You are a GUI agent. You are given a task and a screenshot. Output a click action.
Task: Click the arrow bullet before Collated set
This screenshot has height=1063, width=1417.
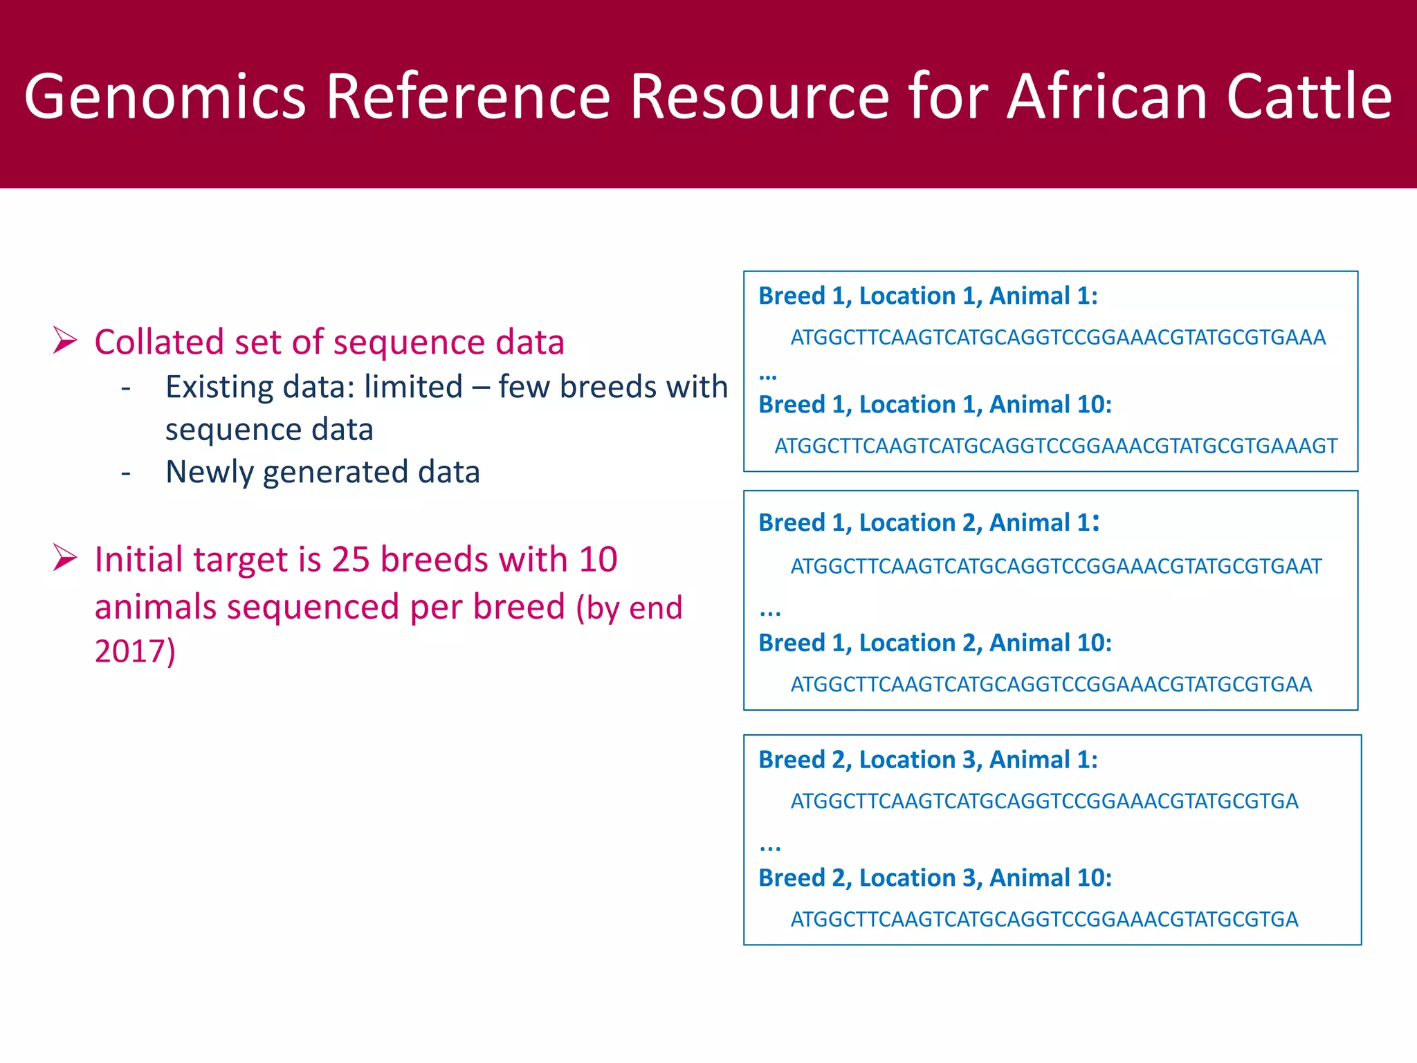(x=65, y=340)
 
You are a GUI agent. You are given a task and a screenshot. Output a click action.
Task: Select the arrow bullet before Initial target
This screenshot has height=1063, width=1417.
(x=65, y=558)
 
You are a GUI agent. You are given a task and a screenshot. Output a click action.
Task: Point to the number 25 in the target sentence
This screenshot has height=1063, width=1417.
(x=351, y=559)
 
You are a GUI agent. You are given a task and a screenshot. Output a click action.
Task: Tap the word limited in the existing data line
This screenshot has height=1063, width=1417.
(x=413, y=387)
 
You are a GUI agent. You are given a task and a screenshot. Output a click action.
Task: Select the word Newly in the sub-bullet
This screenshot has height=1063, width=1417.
(x=210, y=472)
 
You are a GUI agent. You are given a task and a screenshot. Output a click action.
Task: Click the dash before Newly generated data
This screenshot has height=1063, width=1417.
(x=126, y=473)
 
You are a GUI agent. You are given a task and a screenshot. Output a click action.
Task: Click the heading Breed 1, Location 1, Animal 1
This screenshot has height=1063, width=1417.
(x=927, y=296)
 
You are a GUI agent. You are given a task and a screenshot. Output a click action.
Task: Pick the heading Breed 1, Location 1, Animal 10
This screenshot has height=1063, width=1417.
(x=934, y=405)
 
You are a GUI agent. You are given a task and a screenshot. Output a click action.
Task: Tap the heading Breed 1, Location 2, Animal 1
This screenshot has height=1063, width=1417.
(x=929, y=523)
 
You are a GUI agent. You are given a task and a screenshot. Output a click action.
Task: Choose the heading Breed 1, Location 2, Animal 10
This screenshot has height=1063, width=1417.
(x=934, y=643)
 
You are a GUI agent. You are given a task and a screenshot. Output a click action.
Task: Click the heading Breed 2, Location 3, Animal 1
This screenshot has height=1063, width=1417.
(x=927, y=760)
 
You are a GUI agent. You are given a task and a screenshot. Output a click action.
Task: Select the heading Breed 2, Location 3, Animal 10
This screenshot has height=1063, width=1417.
(x=934, y=878)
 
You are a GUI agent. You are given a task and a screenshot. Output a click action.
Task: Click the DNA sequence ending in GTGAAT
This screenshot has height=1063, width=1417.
(x=1055, y=567)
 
